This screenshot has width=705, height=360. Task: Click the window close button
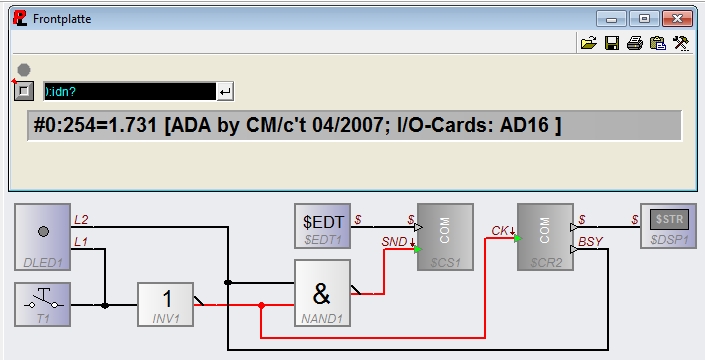[678, 19]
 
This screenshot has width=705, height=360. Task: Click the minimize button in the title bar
[611, 19]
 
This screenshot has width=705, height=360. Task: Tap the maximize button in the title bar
[644, 19]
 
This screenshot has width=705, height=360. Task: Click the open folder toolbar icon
[589, 43]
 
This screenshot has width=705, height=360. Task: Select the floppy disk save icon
[612, 43]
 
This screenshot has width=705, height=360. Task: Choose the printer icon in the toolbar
[635, 43]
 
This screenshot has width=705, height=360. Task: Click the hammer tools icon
[681, 43]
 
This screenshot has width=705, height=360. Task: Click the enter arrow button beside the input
[225, 92]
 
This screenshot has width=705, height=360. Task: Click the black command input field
[130, 92]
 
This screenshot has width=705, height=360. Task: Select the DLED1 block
[43, 237]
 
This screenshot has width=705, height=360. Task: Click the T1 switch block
[43, 304]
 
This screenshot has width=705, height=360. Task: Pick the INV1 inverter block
[165, 304]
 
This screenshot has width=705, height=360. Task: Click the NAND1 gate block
[322, 293]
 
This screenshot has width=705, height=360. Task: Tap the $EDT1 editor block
[322, 226]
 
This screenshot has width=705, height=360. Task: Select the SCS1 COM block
[445, 237]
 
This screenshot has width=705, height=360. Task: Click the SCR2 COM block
[545, 237]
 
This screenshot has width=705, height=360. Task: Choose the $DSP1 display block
[668, 226]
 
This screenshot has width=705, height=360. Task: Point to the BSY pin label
[590, 242]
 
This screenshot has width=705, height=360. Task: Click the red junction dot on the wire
[261, 305]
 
